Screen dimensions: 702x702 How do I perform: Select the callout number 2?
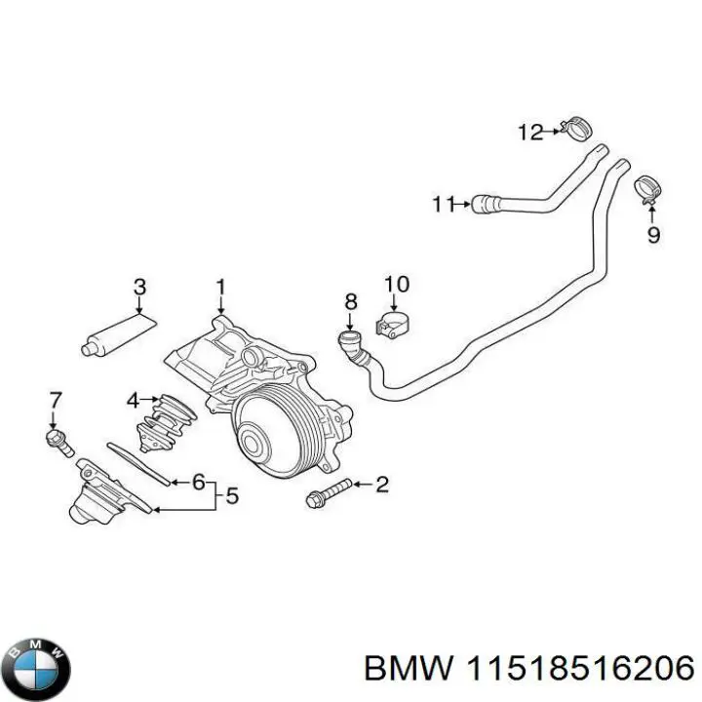pos(382,484)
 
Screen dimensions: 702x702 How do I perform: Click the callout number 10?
pos(396,285)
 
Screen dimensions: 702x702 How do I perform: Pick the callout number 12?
pos(529,132)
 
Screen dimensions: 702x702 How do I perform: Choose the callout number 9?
pos(652,234)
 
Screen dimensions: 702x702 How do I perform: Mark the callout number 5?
pos(231,496)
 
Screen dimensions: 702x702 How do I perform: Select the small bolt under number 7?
pos(59,443)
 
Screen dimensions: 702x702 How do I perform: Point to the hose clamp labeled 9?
pos(646,187)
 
